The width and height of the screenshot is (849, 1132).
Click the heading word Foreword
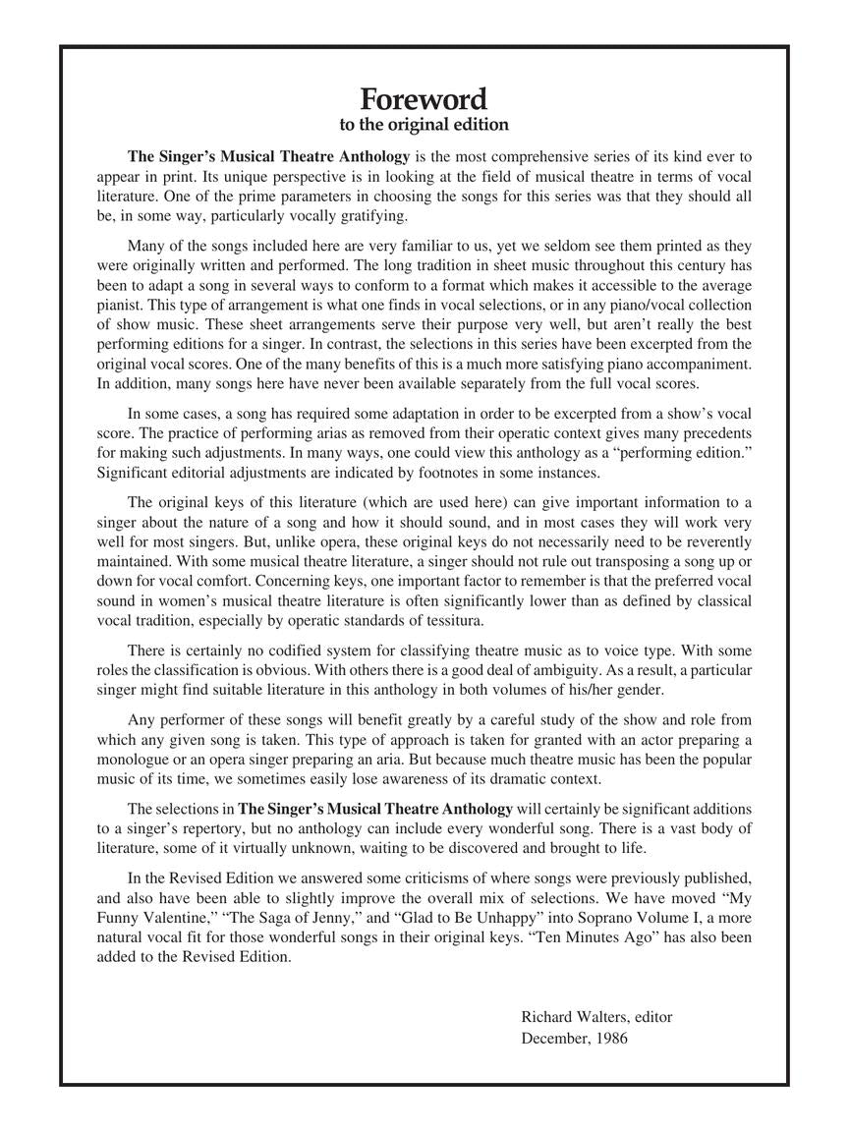pos(424,99)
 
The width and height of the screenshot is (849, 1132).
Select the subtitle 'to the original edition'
pos(424,125)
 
